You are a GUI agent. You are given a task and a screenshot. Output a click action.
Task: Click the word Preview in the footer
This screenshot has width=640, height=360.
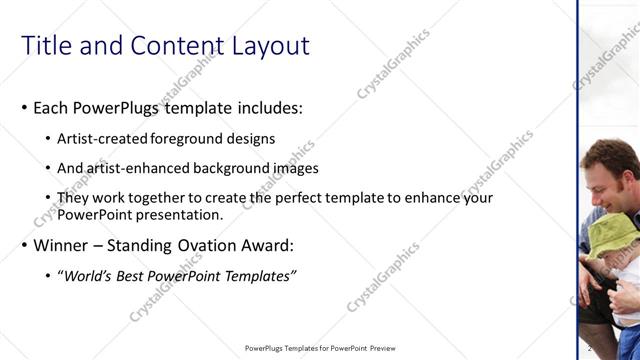pyautogui.click(x=389, y=348)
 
